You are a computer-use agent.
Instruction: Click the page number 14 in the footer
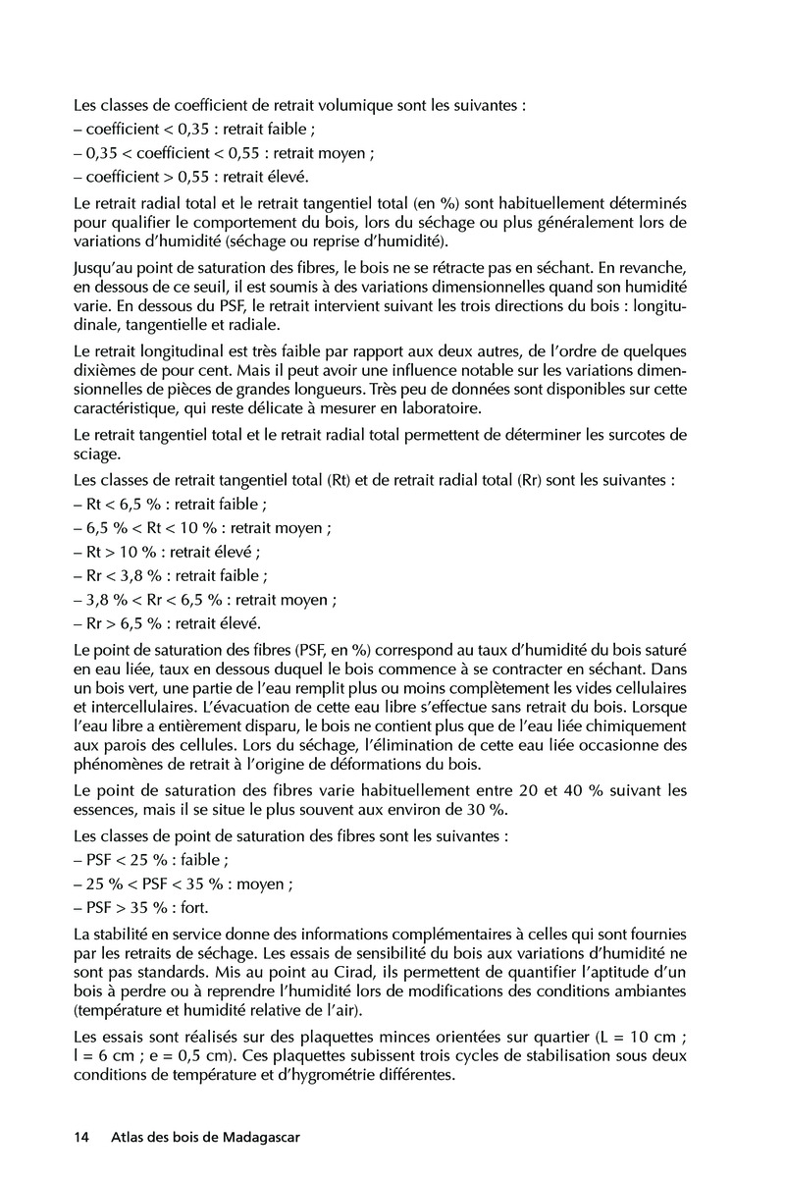[x=81, y=1138]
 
